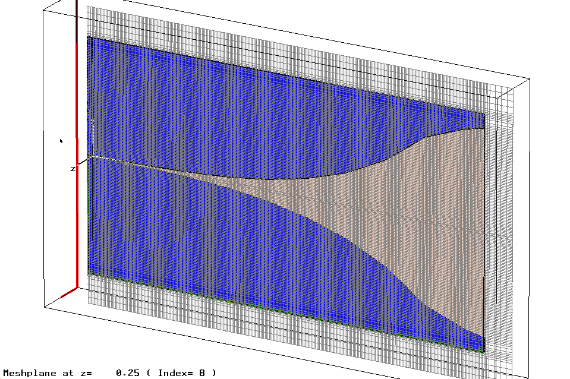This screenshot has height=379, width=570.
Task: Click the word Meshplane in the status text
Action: (30, 373)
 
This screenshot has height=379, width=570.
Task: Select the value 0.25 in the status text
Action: (128, 373)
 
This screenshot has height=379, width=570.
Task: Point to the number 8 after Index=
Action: (202, 373)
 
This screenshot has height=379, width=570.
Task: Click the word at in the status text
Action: (68, 373)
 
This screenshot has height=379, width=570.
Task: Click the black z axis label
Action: (73, 169)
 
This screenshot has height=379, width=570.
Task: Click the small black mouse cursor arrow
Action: (61, 141)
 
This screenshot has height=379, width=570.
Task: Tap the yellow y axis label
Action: (93, 121)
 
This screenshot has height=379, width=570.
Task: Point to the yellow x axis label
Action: (127, 164)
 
